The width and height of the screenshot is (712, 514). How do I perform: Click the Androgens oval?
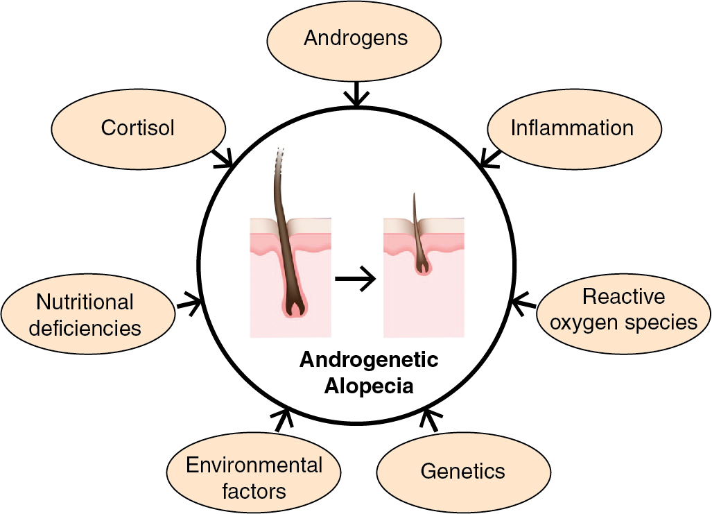click(x=355, y=39)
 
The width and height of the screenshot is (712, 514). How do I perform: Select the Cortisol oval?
click(x=139, y=128)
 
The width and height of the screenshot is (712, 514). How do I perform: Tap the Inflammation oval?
click(x=573, y=128)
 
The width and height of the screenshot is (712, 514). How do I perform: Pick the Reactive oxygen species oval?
click(x=624, y=309)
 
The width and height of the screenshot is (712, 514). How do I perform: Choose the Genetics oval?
click(x=463, y=472)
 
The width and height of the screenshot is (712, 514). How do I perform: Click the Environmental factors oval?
click(x=254, y=478)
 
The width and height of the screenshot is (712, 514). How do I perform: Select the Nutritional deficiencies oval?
click(x=87, y=314)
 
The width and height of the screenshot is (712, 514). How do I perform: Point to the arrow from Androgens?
click(x=356, y=93)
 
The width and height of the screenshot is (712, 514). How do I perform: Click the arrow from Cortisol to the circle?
click(x=223, y=157)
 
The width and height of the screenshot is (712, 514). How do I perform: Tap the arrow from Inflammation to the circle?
click(x=490, y=158)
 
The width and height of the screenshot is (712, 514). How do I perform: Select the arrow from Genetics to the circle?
click(x=431, y=420)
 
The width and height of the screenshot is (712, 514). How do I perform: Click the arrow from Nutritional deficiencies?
click(x=189, y=302)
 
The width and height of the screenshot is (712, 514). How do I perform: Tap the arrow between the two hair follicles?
click(x=355, y=279)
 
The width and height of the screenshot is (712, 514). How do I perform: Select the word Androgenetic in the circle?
click(x=369, y=361)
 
